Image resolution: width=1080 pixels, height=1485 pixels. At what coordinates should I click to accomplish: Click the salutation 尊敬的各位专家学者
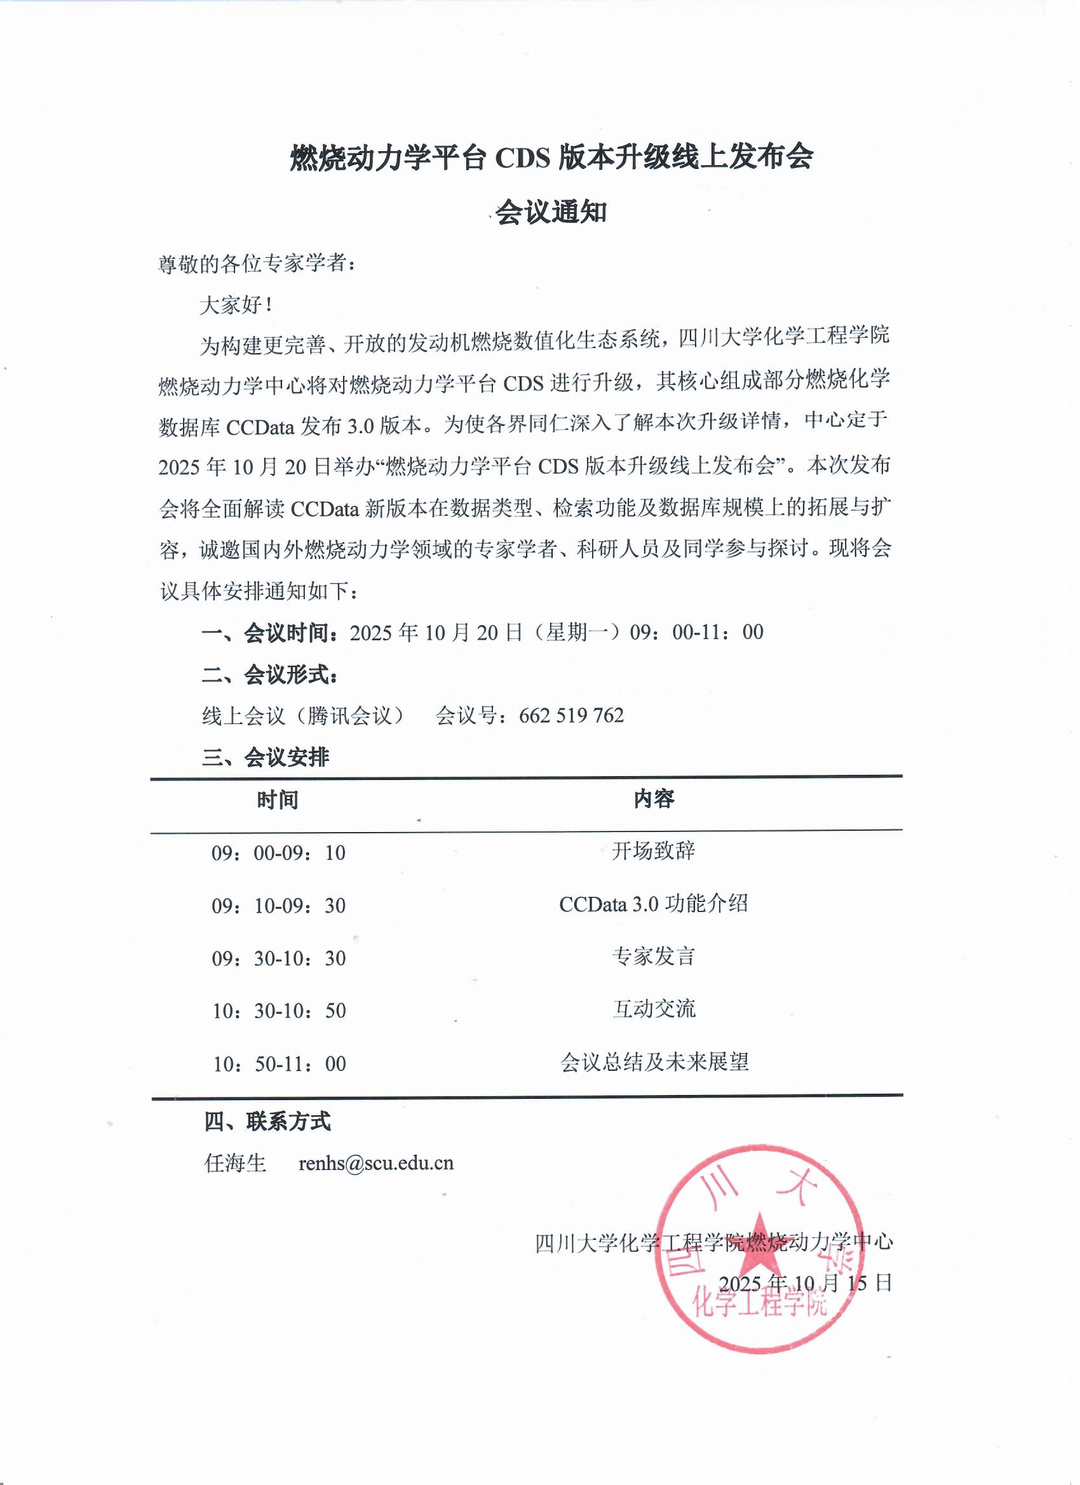257,264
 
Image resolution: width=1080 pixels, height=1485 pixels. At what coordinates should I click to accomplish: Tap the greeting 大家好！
236,305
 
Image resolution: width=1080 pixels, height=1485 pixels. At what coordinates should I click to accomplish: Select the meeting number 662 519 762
571,715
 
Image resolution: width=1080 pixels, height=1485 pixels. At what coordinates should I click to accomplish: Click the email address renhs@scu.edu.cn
376,1163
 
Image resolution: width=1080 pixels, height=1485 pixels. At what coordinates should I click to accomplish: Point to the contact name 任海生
235,1163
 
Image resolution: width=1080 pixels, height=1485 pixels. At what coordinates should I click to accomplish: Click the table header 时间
278,800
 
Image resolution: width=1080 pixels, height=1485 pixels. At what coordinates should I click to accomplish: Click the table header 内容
654,799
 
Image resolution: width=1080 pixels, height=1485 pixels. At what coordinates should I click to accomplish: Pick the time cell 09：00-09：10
278,852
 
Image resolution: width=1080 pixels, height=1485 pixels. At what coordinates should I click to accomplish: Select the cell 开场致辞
653,851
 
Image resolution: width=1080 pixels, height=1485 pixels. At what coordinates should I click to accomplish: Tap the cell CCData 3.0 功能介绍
653,904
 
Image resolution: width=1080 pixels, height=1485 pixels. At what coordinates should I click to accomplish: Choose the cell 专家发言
653,957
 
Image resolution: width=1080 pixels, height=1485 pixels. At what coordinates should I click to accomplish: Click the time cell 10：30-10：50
279,1011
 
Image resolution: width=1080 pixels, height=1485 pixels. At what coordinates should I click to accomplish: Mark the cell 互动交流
654,1009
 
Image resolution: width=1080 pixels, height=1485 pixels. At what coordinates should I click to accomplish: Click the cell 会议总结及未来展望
654,1062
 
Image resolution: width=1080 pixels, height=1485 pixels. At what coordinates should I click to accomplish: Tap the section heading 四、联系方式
267,1122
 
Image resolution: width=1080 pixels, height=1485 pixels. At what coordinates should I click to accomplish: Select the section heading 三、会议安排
266,758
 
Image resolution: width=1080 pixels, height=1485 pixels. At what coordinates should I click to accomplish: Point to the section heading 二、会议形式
270,675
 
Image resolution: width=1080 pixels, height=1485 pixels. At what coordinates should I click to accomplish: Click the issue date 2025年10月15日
805,1282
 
